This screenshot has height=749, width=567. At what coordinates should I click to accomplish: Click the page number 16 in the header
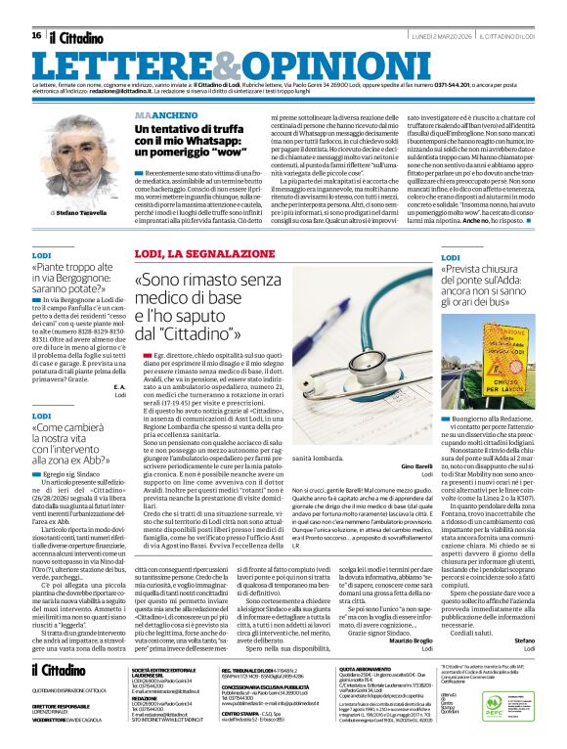[x=36, y=35]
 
